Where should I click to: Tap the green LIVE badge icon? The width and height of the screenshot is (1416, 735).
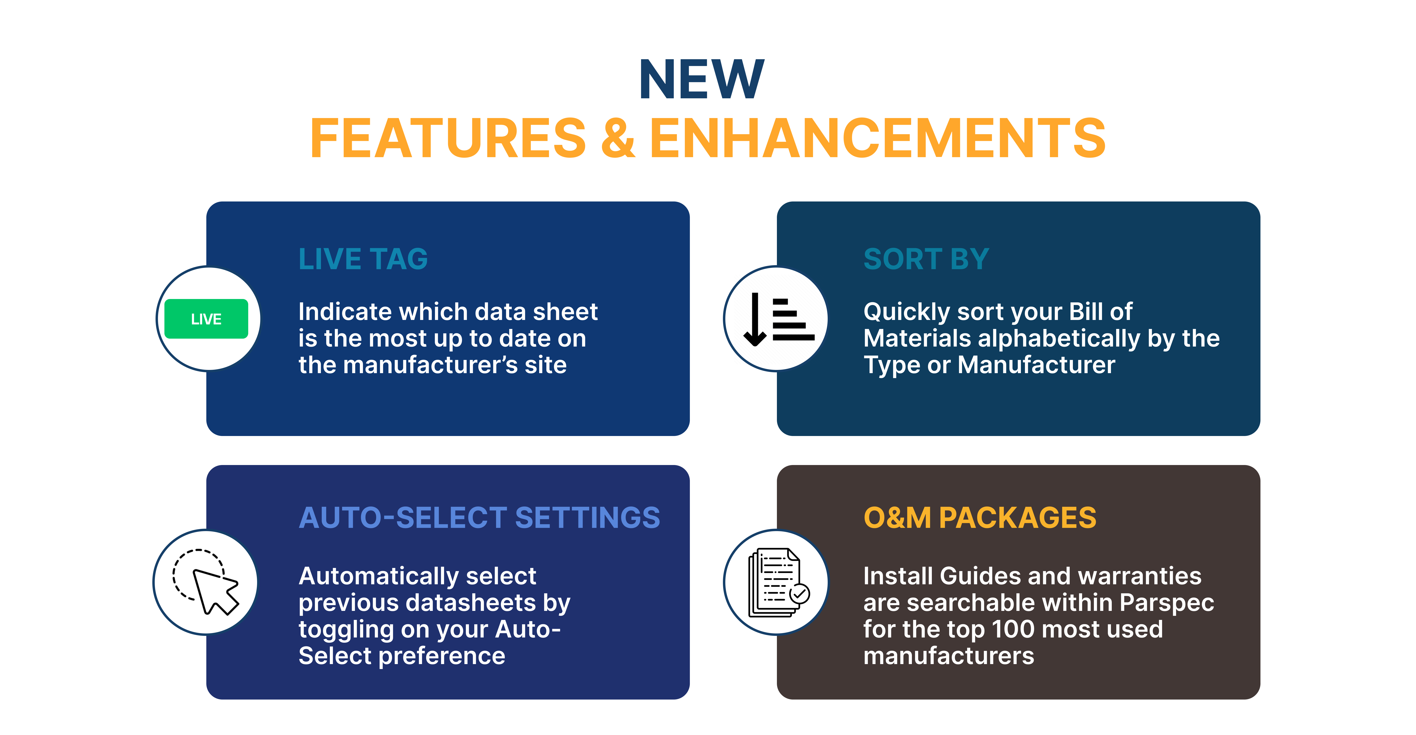(x=206, y=319)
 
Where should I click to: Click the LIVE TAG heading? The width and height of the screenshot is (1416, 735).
(x=363, y=259)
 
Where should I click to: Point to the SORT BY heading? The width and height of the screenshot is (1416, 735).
(x=926, y=259)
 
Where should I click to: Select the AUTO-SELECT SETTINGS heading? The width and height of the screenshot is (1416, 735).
(x=479, y=518)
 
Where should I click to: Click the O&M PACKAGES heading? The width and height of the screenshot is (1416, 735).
(x=980, y=518)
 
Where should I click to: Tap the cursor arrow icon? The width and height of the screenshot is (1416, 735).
(x=214, y=591)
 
